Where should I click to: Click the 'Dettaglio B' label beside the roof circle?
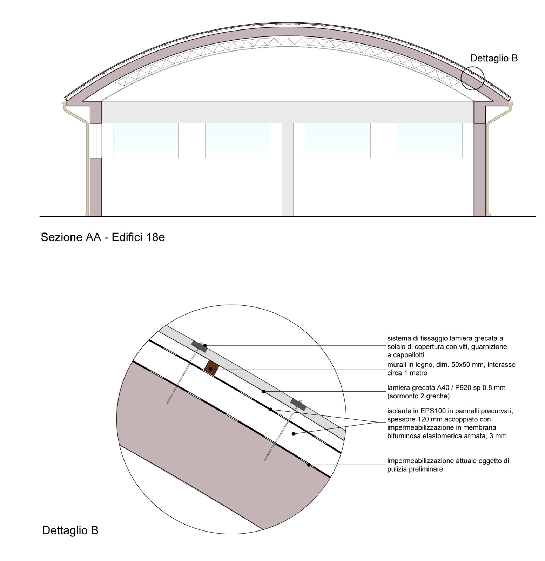pos(494,58)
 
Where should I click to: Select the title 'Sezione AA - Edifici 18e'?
pos(103,237)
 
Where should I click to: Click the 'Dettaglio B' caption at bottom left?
pos(70,530)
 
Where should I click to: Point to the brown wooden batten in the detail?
pos(211,368)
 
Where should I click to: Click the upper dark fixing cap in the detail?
pos(199,346)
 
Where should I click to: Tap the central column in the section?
pos(288,169)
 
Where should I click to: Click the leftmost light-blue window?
pos(146,141)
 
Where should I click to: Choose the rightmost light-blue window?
pos(430,141)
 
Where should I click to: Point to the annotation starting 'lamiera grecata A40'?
pos(446,392)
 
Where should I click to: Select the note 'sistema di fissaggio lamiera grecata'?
pos(447,346)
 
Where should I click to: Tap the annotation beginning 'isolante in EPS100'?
pos(450,423)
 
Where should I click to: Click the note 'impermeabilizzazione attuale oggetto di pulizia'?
pos(448,465)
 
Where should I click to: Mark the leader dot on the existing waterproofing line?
pos(309,465)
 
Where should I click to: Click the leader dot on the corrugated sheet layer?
pos(263,391)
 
